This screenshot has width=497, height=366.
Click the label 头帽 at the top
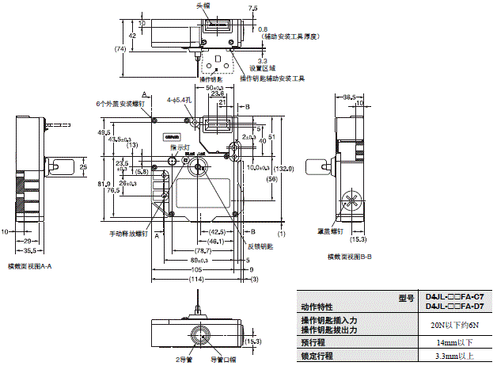[204, 5]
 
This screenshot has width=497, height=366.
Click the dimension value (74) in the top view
[119, 48]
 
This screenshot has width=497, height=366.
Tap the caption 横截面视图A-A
[29, 266]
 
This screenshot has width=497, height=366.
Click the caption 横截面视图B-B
[355, 256]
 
